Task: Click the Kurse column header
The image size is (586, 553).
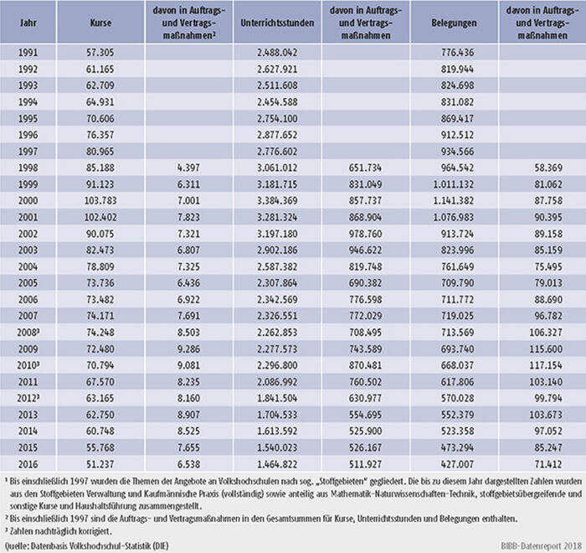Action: click(100, 23)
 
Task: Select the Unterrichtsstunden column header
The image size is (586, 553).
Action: click(277, 23)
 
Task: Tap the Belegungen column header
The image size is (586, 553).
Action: click(454, 23)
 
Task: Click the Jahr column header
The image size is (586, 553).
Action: click(28, 23)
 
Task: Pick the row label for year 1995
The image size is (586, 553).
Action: click(28, 119)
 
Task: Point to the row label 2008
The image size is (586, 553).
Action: click(28, 333)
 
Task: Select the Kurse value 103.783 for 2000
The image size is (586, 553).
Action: click(100, 200)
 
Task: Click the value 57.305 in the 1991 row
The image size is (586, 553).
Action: click(100, 53)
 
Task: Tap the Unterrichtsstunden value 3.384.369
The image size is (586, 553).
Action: click(277, 200)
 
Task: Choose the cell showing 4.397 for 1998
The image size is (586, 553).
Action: click(188, 168)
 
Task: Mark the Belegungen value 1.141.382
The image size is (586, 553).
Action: click(454, 200)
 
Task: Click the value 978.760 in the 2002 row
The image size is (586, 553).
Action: click(366, 234)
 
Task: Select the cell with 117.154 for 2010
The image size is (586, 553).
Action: click(546, 365)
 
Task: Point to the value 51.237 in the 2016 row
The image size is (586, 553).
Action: click(100, 464)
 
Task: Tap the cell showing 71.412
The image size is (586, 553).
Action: click(548, 464)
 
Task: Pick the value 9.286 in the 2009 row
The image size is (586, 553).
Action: click(188, 349)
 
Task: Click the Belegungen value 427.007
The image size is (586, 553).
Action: click(457, 464)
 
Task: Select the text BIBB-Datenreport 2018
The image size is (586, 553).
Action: click(542, 545)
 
